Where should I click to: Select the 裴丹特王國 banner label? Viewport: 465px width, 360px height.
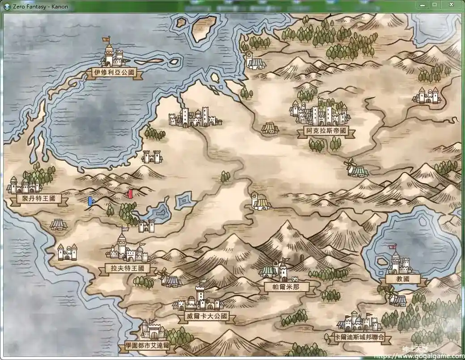click(36, 198)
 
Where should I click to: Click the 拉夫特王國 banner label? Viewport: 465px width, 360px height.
click(127, 269)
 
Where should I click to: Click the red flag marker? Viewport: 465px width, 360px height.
click(130, 194)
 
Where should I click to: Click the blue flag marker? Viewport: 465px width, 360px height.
click(90, 201)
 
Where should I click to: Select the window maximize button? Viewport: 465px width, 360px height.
click(434, 4)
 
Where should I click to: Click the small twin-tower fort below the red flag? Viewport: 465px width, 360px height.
click(146, 226)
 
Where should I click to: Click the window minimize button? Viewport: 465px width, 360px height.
click(422, 4)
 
